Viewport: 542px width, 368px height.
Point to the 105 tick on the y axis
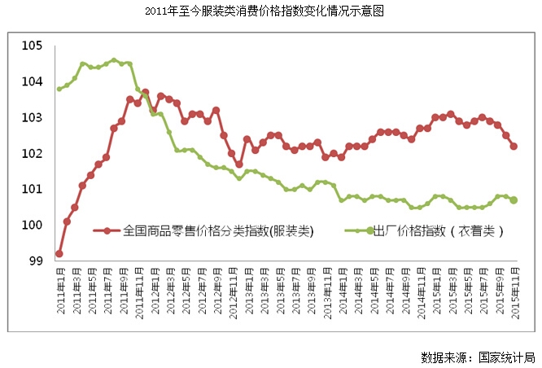pyautogui.click(x=33, y=46)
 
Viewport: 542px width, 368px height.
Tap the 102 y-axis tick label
pyautogui.click(x=33, y=153)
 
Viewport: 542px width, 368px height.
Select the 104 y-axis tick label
pyautogui.click(x=33, y=81)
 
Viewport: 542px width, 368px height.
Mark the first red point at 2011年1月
pyautogui.click(x=59, y=253)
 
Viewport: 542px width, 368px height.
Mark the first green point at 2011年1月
pyautogui.click(x=59, y=89)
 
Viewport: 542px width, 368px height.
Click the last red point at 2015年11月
pyautogui.click(x=514, y=147)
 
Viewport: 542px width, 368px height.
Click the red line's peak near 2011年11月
pyautogui.click(x=145, y=92)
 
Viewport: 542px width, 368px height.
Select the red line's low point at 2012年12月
pyautogui.click(x=239, y=164)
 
